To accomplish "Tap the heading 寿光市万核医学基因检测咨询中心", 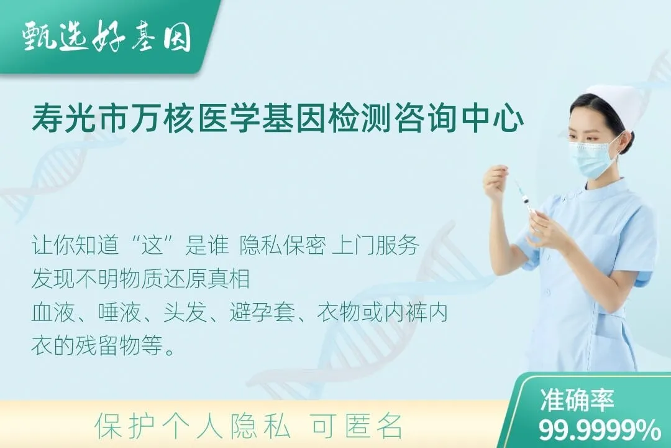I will [277, 119].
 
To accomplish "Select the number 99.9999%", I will [600, 429].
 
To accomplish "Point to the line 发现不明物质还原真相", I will [140, 279].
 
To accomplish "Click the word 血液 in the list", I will [50, 313].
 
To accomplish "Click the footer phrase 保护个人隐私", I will [193, 427].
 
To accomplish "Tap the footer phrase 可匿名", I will [357, 427].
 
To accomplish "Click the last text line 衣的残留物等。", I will [103, 347].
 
